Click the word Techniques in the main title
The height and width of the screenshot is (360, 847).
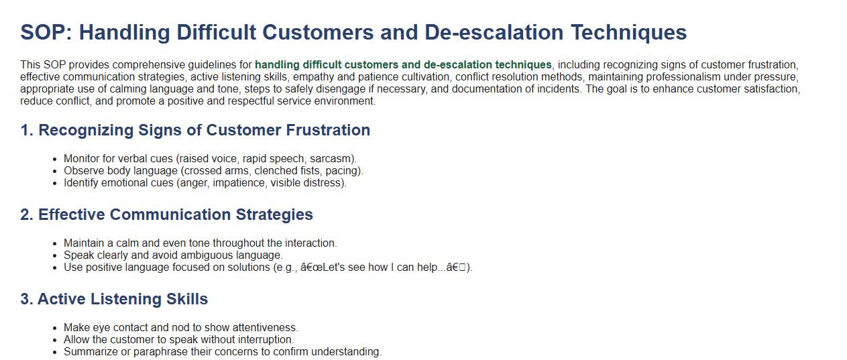point(629,33)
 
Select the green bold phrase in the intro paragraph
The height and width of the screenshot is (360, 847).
point(403,64)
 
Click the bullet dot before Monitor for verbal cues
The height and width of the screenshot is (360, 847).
point(55,159)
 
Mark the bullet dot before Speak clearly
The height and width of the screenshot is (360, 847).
point(55,256)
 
